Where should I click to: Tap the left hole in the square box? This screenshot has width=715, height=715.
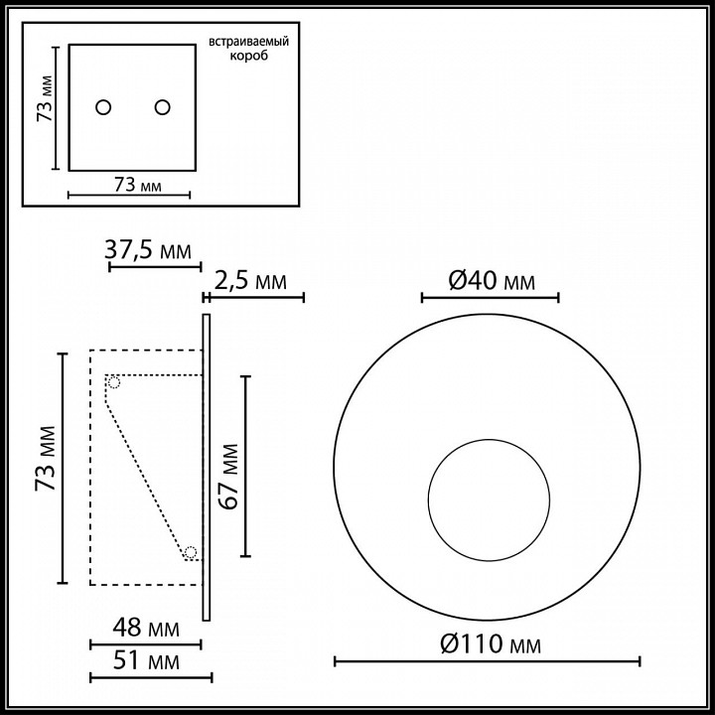point(103,106)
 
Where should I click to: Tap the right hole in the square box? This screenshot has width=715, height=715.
point(162,106)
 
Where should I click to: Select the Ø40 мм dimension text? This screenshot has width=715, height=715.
point(491,281)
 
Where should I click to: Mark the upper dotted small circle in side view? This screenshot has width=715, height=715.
point(114,382)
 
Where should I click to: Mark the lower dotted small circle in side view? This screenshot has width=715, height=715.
point(190,552)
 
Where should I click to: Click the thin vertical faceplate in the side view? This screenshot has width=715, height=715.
point(206,467)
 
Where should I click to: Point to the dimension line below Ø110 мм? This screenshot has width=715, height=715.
point(487,661)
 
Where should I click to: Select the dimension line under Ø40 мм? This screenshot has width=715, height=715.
point(490,297)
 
